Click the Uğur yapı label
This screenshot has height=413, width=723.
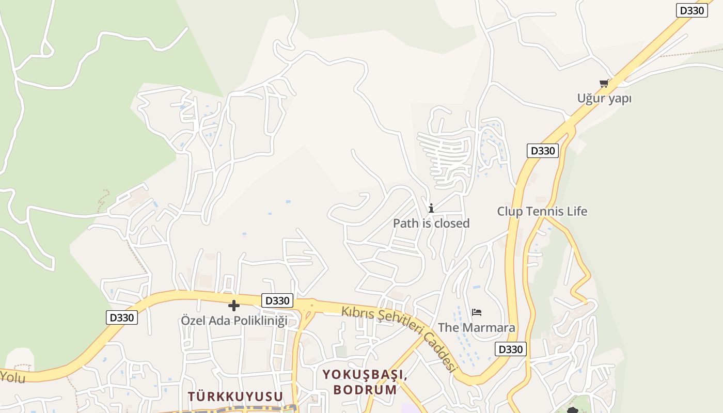604,98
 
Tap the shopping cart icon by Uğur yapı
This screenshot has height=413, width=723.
603,83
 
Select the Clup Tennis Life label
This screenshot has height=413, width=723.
542,211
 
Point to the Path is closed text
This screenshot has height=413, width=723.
431,223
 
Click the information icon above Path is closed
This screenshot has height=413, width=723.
431,208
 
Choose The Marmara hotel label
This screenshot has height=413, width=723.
476,327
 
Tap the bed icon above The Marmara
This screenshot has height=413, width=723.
476,312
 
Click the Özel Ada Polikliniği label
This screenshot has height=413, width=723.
233,320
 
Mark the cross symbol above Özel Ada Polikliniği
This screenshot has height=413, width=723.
233,306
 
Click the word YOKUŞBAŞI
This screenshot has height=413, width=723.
365,375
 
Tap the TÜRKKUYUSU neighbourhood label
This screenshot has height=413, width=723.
235,396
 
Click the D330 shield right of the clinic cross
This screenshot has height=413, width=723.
277,300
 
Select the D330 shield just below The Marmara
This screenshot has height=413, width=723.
510,349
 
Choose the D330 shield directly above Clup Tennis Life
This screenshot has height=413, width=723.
543,151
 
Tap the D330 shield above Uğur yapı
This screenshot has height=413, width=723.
691,10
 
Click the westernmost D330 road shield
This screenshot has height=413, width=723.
122,317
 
